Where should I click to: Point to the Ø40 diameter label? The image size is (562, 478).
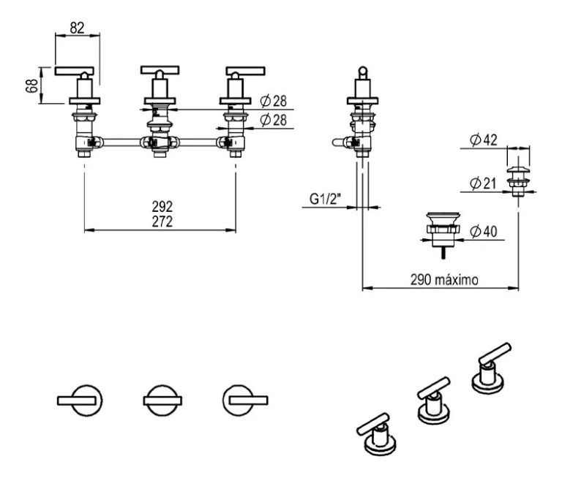(x=484, y=232)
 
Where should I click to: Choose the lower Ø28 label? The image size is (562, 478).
(x=273, y=119)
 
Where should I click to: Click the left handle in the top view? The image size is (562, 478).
(x=80, y=399)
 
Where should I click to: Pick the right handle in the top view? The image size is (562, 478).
(x=244, y=399)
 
